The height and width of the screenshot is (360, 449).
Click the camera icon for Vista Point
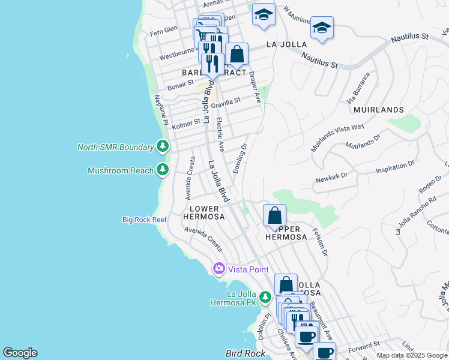[x=220, y=268]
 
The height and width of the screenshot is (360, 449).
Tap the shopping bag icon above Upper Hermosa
[x=274, y=215]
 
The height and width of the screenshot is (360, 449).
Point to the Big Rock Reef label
[x=144, y=220]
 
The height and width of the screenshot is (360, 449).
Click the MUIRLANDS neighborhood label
[x=378, y=110]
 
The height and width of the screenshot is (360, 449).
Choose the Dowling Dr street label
[x=240, y=158]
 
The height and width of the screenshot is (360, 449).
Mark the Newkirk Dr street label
[x=331, y=178]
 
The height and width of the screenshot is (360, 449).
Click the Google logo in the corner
[x=20, y=353]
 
